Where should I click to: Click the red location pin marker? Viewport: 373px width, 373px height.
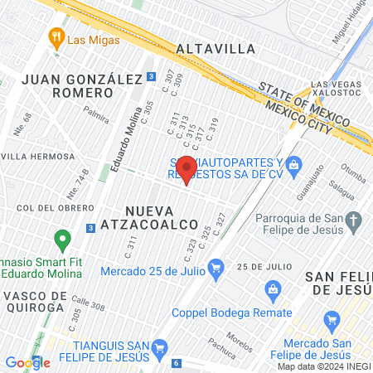(186, 168)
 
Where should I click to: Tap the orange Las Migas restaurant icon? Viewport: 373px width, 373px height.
(56, 36)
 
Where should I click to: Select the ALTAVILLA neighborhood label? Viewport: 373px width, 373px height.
(216, 48)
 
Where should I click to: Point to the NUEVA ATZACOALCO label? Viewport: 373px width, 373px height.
(162, 217)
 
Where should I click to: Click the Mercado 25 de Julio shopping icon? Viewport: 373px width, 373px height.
(217, 268)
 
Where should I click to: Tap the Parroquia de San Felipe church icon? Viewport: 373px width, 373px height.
(355, 220)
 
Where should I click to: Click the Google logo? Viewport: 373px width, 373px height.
(27, 362)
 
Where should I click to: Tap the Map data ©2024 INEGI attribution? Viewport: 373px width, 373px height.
(324, 366)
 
